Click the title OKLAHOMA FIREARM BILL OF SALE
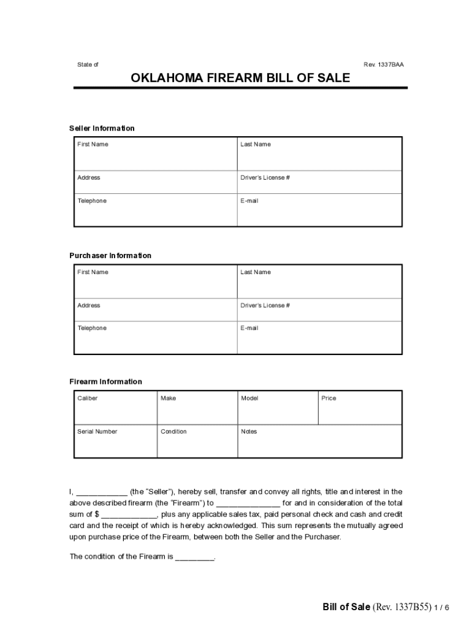pos(240,78)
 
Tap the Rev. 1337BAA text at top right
pos(384,64)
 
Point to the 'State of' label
pos(88,64)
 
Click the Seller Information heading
pos(102,128)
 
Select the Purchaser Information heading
pos(110,255)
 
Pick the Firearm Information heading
pos(105,381)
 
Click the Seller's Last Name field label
pos(256,145)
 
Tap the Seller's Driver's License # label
pos(265,178)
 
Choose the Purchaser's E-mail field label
pos(249,328)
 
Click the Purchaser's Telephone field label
pos(92,328)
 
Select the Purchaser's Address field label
pos(89,305)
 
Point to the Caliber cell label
pos(88,399)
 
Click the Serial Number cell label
pos(97,432)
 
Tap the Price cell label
pos(329,399)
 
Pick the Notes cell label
pos(249,432)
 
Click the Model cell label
pos(249,399)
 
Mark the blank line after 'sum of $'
pos(129,515)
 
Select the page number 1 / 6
pos(442,608)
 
